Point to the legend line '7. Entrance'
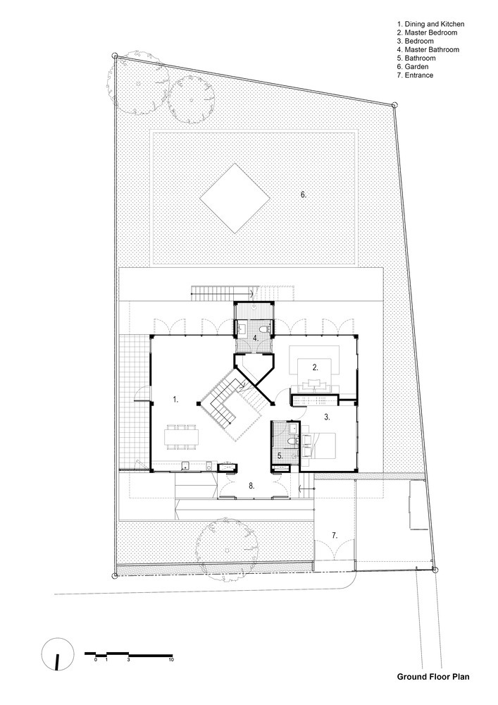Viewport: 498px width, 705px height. (415, 75)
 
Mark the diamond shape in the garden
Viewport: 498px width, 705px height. (235, 198)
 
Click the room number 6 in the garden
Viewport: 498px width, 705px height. (304, 195)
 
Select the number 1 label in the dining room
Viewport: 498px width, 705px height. (176, 399)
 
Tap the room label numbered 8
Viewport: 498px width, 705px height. (252, 486)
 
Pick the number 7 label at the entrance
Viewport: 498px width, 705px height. (335, 535)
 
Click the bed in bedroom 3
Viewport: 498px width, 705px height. (319, 446)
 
